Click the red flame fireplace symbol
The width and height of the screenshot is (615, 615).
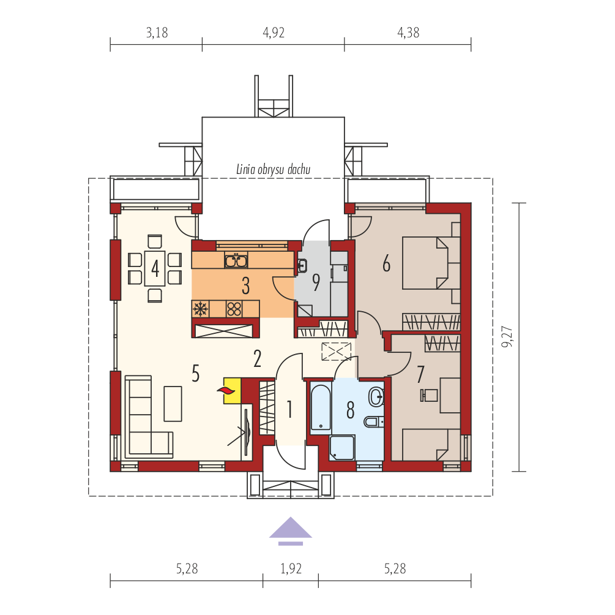226,390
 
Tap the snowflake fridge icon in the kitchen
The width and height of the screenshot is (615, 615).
201,309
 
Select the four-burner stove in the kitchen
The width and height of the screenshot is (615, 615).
234,309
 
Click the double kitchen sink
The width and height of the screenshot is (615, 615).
236,260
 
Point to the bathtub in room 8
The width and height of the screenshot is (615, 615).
321,407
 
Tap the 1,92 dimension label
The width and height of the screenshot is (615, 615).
291,568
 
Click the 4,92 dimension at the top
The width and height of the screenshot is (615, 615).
274,32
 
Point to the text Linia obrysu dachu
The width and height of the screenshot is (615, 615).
273,169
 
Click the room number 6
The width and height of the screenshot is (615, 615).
386,263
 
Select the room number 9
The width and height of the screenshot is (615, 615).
316,282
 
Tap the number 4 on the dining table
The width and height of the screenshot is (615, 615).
155,269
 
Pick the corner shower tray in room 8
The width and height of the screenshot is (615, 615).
342,447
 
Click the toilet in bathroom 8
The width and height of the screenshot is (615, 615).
374,422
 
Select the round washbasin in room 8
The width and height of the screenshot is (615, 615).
376,396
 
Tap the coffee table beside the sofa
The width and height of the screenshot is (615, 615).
173,404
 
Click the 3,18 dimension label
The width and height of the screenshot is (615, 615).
157,32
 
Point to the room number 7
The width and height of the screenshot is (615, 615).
420,374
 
